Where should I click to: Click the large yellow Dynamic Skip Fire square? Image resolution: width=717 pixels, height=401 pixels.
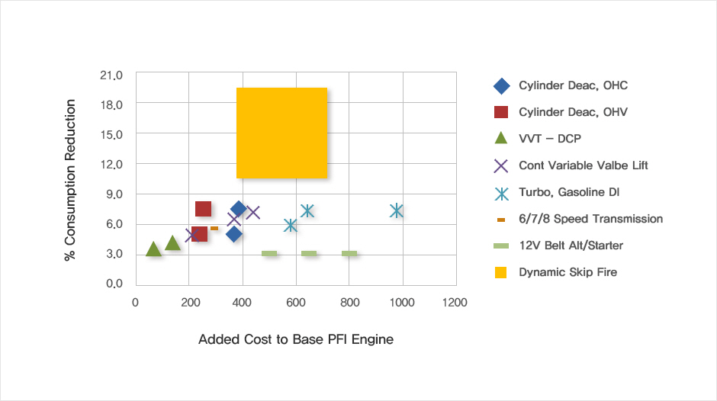[281, 133]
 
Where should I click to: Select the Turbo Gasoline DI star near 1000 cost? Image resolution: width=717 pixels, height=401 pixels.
[397, 210]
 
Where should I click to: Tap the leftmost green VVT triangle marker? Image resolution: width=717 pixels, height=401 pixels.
[153, 249]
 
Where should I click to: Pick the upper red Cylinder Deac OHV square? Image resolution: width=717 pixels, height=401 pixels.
[203, 209]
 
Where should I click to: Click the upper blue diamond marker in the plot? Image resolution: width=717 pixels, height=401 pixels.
[239, 209]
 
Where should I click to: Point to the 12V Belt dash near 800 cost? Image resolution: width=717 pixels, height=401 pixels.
[349, 254]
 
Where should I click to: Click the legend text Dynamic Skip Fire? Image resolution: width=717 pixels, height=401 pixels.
[567, 272]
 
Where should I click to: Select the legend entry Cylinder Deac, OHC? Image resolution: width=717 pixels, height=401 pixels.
[573, 85]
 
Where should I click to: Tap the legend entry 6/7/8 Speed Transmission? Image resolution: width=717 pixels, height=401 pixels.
[590, 219]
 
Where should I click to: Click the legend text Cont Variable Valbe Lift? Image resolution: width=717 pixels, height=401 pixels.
[583, 165]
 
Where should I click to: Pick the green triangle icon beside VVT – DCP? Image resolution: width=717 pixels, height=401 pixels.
[501, 139]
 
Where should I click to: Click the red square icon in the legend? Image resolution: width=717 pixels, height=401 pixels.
[501, 112]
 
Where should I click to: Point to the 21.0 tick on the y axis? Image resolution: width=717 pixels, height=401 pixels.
[111, 75]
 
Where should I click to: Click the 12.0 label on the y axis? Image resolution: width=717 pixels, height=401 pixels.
[111, 164]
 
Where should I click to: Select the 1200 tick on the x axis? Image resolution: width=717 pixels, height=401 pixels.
[455, 303]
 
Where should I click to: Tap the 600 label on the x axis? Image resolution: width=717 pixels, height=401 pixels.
[296, 303]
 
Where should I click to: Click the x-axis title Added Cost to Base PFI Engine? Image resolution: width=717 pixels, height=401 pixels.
[296, 339]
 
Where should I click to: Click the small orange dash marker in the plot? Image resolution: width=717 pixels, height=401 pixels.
[214, 228]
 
